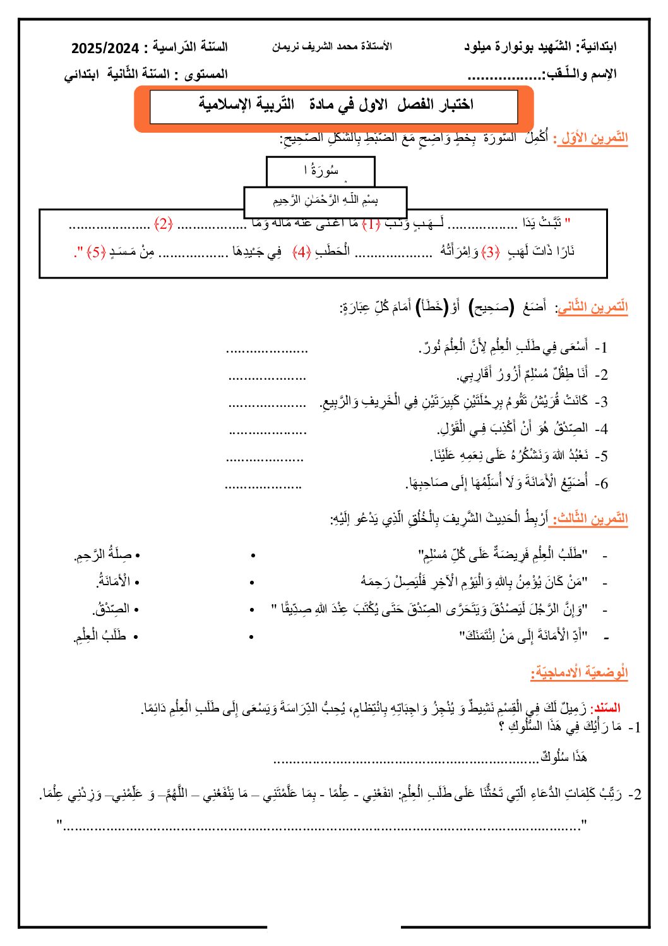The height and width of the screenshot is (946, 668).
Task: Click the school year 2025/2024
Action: [105, 48]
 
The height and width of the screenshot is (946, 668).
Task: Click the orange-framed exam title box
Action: [334, 107]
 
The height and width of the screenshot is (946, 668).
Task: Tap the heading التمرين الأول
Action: [592, 138]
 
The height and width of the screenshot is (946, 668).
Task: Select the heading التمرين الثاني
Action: [592, 308]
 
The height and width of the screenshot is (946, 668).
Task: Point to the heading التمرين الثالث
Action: [590, 519]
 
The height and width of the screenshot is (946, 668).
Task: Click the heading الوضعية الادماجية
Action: [579, 672]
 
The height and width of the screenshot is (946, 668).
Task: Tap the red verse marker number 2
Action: [164, 223]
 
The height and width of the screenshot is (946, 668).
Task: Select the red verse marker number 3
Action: [491, 252]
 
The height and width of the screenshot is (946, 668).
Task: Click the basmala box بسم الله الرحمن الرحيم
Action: [325, 201]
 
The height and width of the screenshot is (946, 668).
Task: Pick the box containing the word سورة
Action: [321, 171]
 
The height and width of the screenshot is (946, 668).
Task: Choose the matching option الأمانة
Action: [114, 581]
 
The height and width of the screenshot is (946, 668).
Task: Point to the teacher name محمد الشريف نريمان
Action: [332, 47]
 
